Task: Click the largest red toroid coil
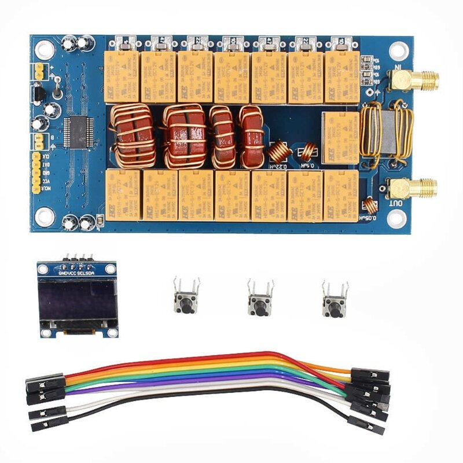tap(185, 137)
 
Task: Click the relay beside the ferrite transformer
tap(340, 131)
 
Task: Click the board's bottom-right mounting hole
tap(396, 218)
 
